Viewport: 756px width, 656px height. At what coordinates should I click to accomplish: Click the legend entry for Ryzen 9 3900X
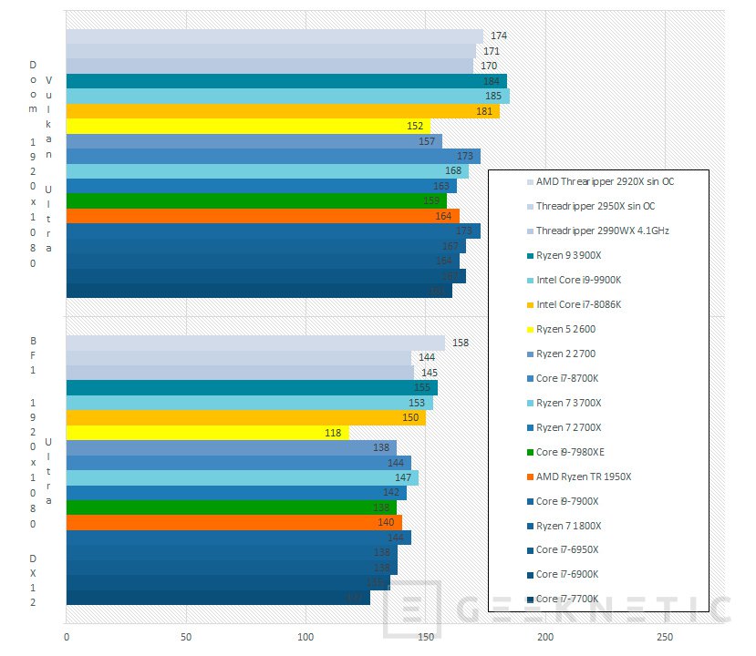coord(575,255)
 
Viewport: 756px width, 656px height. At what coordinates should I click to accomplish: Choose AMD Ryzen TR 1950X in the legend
coord(583,476)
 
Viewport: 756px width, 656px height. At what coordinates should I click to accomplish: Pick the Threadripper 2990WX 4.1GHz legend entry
coord(602,231)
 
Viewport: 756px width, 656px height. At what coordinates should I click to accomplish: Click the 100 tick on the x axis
coord(306,636)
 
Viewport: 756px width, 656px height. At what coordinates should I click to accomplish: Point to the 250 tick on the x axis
coord(665,636)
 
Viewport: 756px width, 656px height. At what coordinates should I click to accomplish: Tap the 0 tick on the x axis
coord(67,636)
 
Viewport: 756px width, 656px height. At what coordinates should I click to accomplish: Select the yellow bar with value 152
coord(246,126)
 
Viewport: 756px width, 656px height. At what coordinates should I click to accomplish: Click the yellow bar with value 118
coord(207,433)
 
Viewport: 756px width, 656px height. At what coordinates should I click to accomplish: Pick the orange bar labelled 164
coord(263,216)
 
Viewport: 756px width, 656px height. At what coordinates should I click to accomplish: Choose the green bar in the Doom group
coord(256,200)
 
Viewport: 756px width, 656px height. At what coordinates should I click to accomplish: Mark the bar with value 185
coord(287,96)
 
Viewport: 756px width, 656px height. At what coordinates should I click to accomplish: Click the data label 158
coord(461,343)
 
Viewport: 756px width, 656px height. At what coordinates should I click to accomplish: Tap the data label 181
coord(484,111)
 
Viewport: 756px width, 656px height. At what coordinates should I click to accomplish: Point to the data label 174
coord(499,36)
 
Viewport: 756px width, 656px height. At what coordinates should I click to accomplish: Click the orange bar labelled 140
coord(233,523)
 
